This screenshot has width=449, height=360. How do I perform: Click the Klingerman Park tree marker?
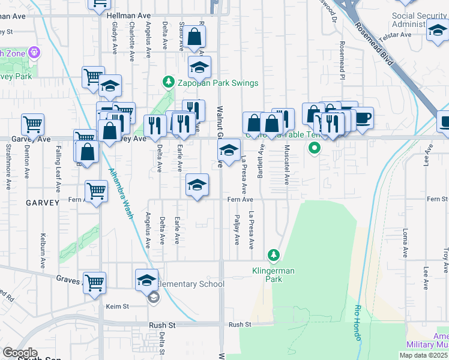click(274, 256)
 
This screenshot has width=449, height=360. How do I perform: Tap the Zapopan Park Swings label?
click(217, 83)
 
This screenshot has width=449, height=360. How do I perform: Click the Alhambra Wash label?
click(119, 193)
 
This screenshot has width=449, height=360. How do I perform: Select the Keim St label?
click(118, 306)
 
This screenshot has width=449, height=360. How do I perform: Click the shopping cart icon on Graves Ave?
click(95, 282)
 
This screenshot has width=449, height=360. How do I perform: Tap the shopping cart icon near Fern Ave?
click(96, 191)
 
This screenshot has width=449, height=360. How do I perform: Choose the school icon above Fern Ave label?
click(197, 184)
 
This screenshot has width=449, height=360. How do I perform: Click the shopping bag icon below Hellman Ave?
click(195, 37)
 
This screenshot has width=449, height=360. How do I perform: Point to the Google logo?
click(20, 353)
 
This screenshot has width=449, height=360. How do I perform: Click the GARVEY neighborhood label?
click(43, 203)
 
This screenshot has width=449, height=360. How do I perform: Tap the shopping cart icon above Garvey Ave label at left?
click(32, 124)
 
